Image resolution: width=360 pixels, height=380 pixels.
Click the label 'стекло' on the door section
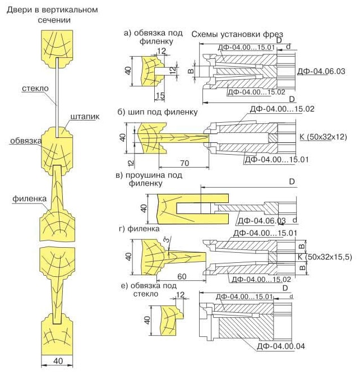tap(35, 88)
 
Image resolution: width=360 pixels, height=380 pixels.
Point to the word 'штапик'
tap(85, 117)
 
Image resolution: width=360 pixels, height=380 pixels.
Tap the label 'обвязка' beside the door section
tap(25, 141)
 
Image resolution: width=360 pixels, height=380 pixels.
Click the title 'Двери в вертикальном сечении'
tap(51, 15)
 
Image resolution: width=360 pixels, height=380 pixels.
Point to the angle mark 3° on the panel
tap(167, 242)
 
